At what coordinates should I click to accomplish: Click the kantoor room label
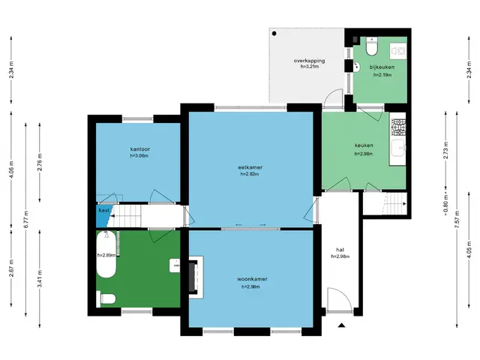click(x=140, y=149)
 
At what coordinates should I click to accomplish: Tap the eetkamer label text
click(x=250, y=167)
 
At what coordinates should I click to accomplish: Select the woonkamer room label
click(x=252, y=279)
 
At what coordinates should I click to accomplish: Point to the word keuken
click(x=364, y=145)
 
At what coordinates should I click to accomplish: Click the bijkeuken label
click(x=382, y=67)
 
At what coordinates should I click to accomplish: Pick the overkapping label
click(x=309, y=61)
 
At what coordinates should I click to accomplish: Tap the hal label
click(x=340, y=250)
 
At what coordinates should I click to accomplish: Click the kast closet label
click(x=104, y=211)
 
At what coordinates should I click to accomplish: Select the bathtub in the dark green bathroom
click(x=106, y=254)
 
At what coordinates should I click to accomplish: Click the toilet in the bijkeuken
click(x=372, y=46)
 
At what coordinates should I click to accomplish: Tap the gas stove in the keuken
click(x=398, y=127)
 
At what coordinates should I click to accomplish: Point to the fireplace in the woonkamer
click(x=196, y=277)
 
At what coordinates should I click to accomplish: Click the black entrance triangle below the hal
click(x=342, y=325)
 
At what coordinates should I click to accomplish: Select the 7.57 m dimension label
click(x=457, y=219)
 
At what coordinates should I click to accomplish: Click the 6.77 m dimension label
click(x=26, y=219)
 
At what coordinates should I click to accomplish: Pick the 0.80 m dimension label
click(x=445, y=204)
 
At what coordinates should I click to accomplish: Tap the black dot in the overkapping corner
click(x=274, y=33)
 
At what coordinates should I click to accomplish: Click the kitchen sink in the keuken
click(x=398, y=151)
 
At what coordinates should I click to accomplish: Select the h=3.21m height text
click(x=309, y=67)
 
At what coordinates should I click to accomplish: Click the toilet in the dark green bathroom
click(x=106, y=298)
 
